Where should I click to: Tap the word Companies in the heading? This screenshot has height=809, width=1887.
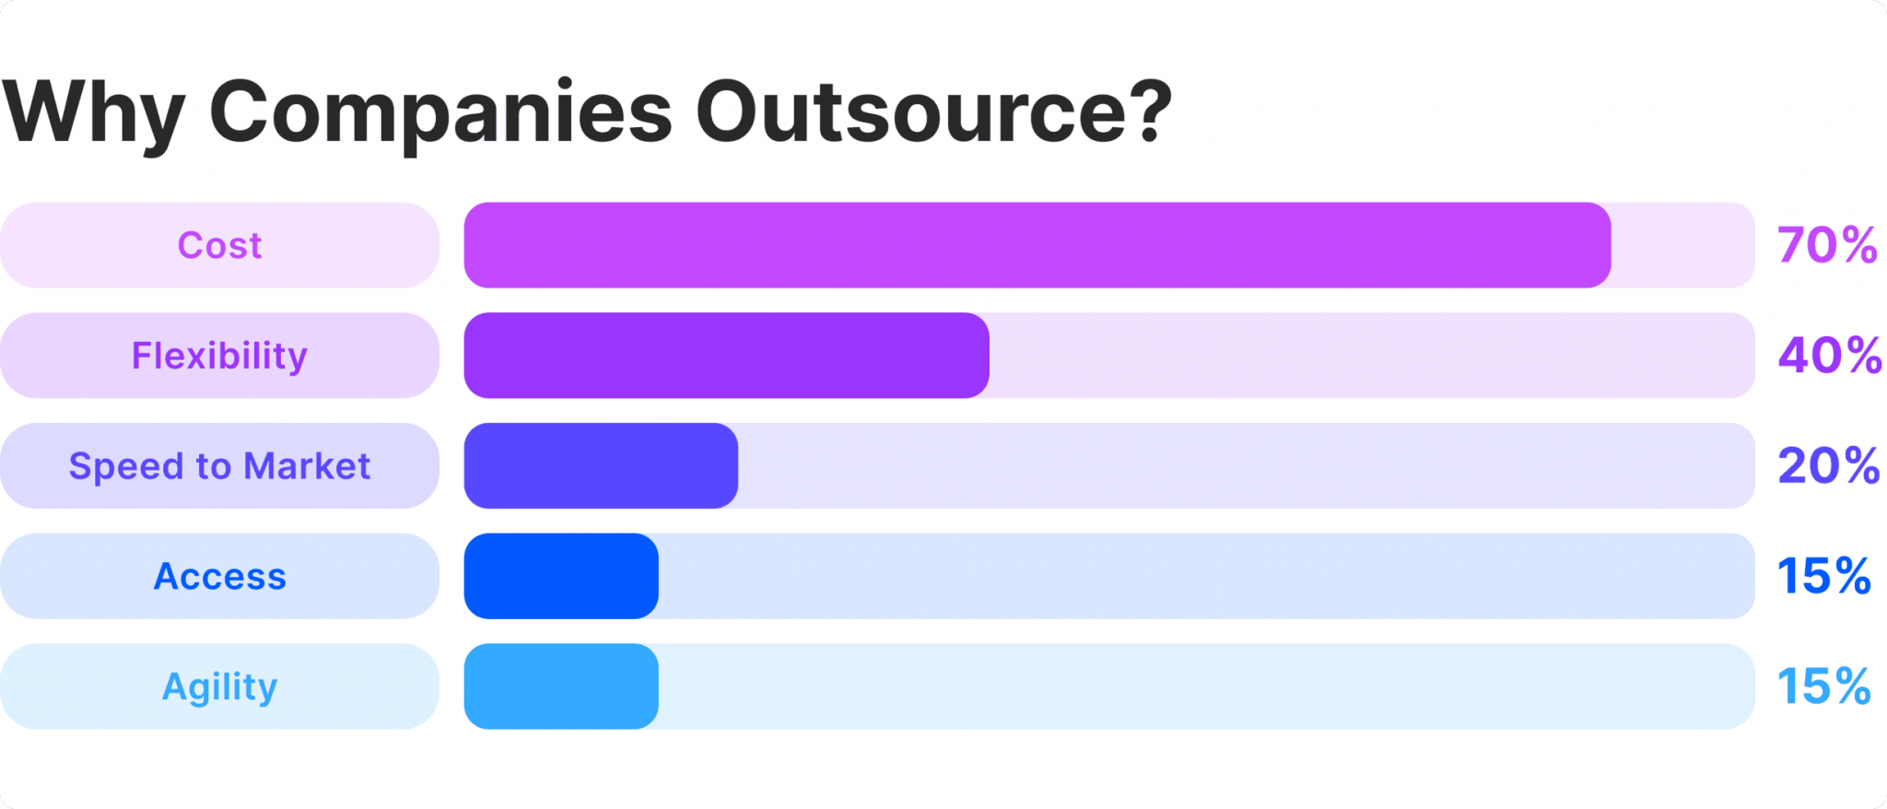coord(440,112)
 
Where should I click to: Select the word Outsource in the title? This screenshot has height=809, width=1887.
coord(916,112)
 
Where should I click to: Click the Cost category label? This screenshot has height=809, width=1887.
coord(219,245)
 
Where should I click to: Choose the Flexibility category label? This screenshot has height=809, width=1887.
coord(219,356)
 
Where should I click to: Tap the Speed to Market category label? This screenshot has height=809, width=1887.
coord(219,466)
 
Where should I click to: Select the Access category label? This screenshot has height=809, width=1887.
coord(219,577)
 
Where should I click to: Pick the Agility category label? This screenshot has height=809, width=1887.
coord(219,687)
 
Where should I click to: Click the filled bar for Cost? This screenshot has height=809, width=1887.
coord(1037,245)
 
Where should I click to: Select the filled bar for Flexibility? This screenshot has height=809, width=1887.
coord(726,356)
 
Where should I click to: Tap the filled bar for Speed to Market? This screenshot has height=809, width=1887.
coord(601,466)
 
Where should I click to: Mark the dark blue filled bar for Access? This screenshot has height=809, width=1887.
coord(561,577)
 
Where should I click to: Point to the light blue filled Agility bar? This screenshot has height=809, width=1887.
coord(561,687)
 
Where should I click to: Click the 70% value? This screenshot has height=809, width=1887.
coord(1827,245)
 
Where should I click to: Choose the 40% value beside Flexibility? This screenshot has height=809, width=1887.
coord(1829,356)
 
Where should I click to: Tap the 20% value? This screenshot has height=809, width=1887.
coord(1828,466)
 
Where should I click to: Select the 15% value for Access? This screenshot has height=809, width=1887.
coord(1823,577)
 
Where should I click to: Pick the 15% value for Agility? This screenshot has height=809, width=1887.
coord(1823,687)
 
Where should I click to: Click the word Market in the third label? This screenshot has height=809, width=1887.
coord(307,466)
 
